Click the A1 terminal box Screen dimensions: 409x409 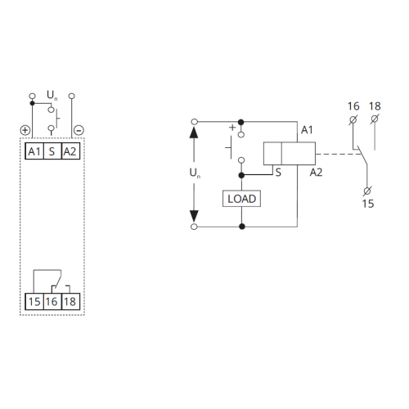(x=34, y=152)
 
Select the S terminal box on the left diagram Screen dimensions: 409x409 (x=52, y=152)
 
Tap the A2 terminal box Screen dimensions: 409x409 (x=70, y=152)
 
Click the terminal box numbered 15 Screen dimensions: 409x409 (x=34, y=302)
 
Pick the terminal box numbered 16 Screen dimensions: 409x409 (x=52, y=302)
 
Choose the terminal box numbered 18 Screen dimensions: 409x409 (x=70, y=302)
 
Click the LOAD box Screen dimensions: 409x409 (x=240, y=199)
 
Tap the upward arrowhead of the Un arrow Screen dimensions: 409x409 (x=195, y=132)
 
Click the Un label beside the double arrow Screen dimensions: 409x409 (x=195, y=173)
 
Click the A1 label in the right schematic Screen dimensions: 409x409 (x=308, y=130)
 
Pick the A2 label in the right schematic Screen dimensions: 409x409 (x=317, y=173)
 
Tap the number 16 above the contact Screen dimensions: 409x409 (x=353, y=106)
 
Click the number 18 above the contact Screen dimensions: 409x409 (x=375, y=106)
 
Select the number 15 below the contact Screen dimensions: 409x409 (x=367, y=203)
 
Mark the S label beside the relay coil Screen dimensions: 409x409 (x=278, y=173)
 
